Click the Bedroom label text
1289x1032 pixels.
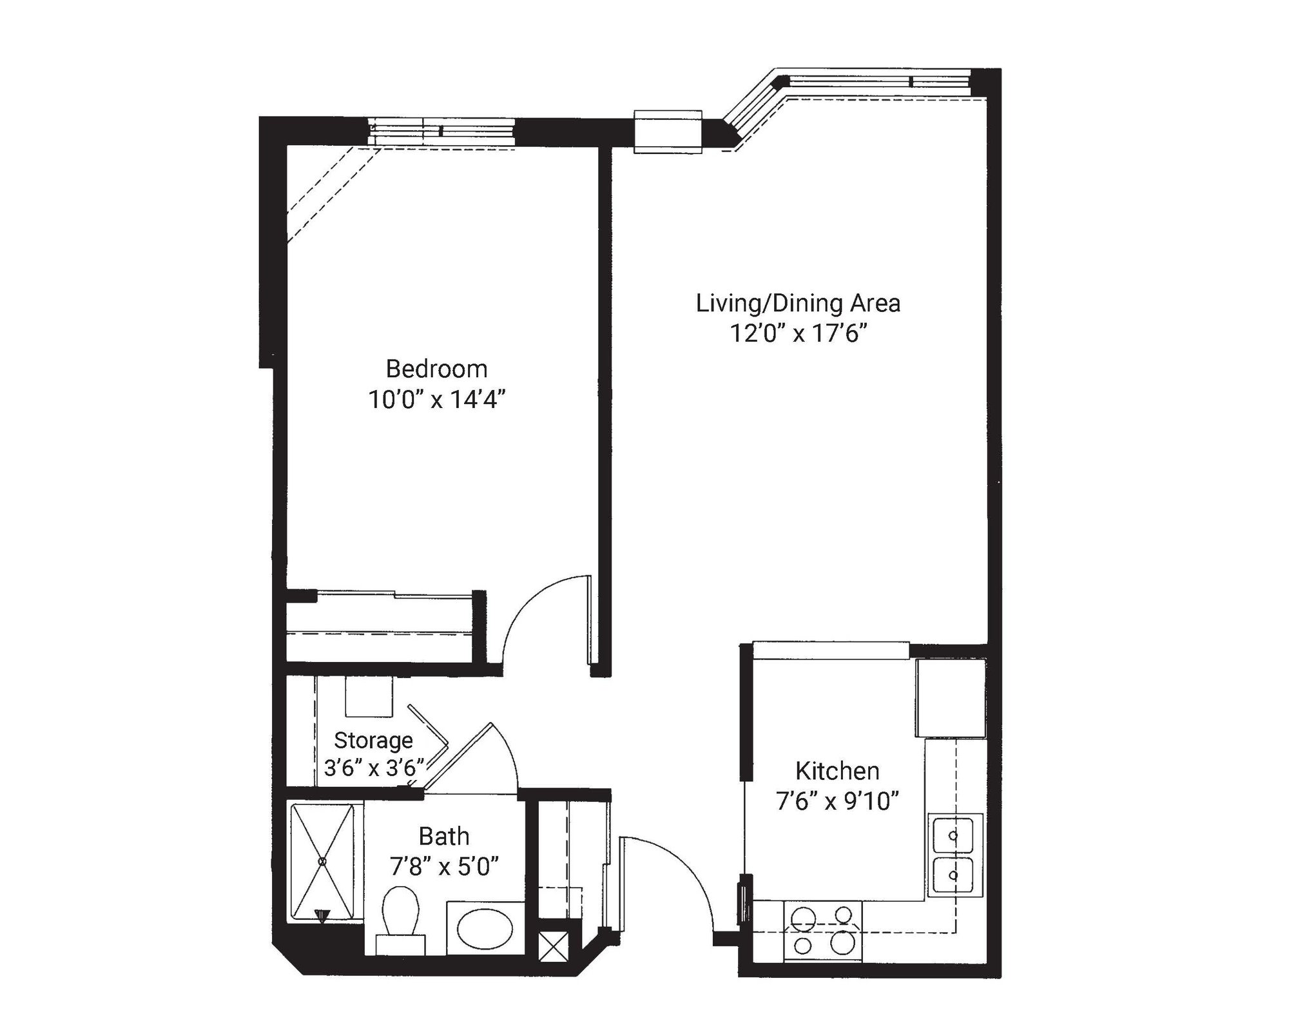436,369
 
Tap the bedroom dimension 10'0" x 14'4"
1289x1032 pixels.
436,400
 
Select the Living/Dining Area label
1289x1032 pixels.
798,304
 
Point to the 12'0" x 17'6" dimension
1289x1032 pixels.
798,334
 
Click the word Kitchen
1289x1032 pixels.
837,771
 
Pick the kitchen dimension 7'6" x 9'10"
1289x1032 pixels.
837,802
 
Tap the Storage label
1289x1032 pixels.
373,740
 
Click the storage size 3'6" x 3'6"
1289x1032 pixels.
374,768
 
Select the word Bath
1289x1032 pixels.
444,837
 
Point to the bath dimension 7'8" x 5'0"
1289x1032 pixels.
444,867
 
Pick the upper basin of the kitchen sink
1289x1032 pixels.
954,835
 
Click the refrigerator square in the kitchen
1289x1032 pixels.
951,697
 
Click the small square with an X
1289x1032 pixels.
554,947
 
